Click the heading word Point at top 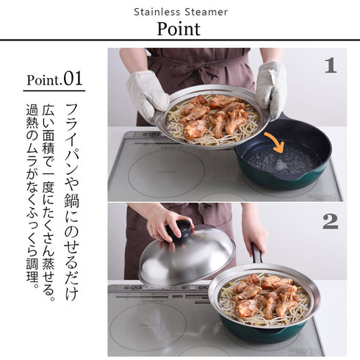(179, 29)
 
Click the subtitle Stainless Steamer (180, 12)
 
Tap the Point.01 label (54, 79)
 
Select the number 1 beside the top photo (330, 65)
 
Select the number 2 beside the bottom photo (330, 220)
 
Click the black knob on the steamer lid (179, 231)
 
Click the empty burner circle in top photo (165, 173)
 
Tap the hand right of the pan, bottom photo (255, 234)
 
